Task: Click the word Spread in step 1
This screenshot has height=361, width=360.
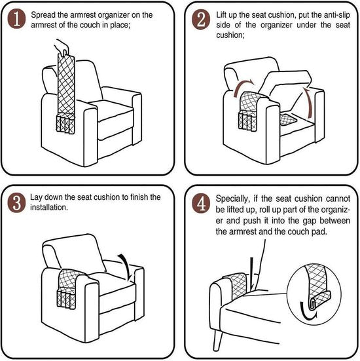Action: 46,14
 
